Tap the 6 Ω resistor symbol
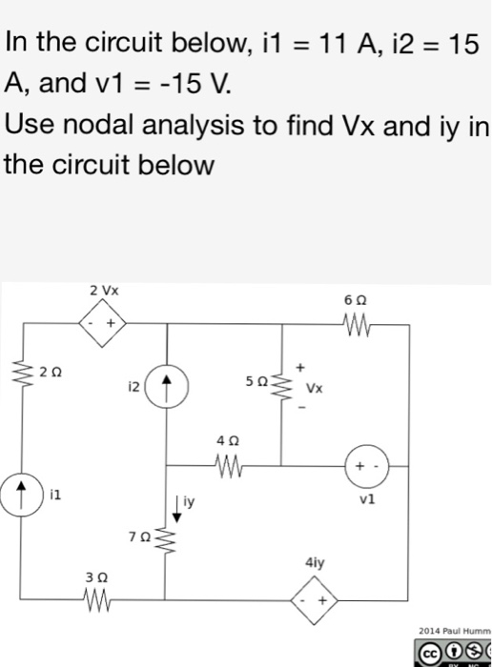click(x=354, y=325)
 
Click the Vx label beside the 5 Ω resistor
click(x=314, y=389)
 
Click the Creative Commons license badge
click(x=456, y=653)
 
